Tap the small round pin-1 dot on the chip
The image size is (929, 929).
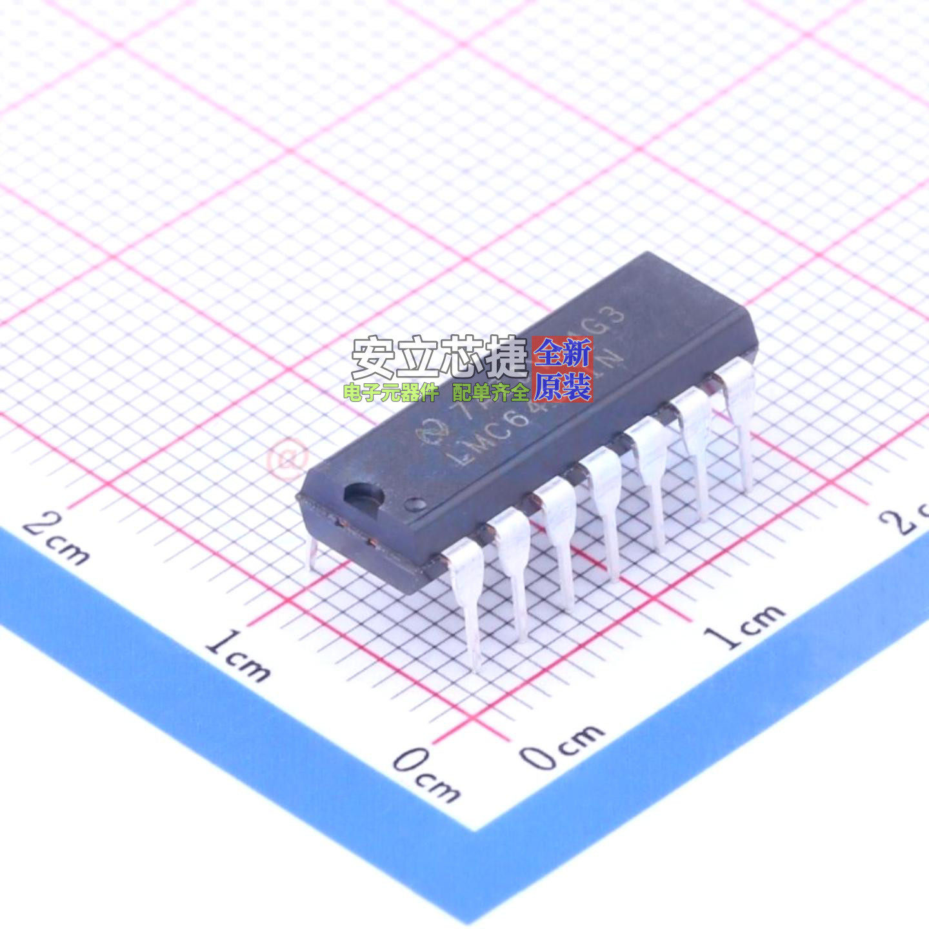point(413,503)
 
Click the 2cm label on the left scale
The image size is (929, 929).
point(56,539)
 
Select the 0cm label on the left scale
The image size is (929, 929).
point(426,774)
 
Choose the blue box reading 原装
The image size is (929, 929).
point(563,387)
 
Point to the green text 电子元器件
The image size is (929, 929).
point(391,392)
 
